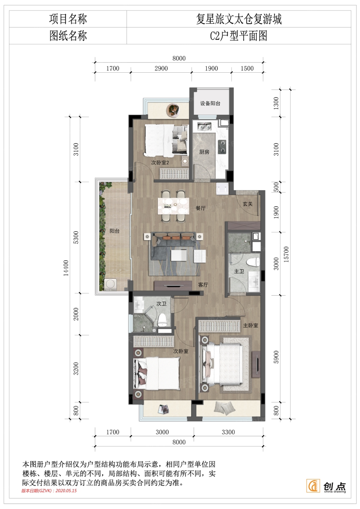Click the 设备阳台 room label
point(210,104)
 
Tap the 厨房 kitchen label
point(204,152)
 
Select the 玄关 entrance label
point(248,204)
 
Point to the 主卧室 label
point(251,325)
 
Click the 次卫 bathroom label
point(161,304)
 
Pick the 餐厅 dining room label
point(200,208)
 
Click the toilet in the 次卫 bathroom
point(162,319)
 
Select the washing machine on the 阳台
point(111,284)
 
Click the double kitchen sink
point(204,126)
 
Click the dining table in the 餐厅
point(173,206)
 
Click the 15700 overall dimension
point(286,254)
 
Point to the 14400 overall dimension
point(66,268)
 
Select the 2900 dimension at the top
point(161,68)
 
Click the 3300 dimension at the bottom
point(228,432)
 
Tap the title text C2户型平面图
point(239,36)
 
